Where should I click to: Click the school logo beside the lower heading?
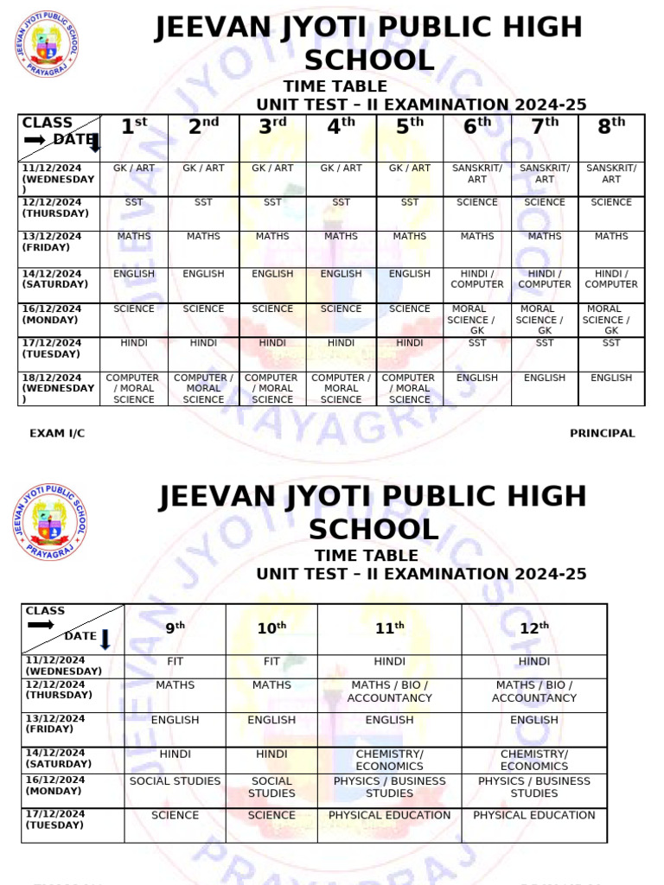coord(50,521)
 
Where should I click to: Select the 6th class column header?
coord(477,127)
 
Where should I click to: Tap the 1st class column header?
coord(134,127)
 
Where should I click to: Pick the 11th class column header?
coord(389,628)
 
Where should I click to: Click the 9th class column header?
coord(176,628)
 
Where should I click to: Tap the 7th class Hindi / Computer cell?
coord(545,279)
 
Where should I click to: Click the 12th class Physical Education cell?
coord(534,815)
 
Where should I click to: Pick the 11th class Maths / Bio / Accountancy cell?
coord(389,691)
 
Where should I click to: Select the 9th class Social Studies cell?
coord(176,781)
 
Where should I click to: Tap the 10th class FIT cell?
coord(271,661)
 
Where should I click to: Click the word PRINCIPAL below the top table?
coord(602,434)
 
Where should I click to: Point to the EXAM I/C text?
coord(57,434)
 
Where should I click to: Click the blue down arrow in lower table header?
coord(105,640)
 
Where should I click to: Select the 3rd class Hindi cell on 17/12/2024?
coord(272,343)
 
